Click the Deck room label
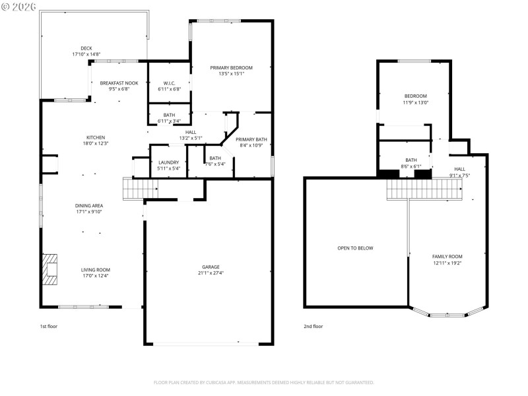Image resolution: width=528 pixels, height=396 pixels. tap(86, 48)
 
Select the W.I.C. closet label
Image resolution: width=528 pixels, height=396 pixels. tap(169, 83)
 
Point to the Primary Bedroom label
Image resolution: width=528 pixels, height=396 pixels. tap(231, 68)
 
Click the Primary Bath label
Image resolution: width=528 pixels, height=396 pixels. tap(251, 139)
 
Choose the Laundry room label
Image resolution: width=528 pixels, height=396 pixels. tap(169, 162)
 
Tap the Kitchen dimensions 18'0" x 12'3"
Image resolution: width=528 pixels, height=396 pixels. tap(95, 143)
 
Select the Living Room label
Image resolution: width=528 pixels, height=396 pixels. tap(96, 269)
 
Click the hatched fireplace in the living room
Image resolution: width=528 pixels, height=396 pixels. tap(50, 269)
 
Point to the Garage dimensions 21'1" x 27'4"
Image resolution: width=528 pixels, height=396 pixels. tap(211, 273)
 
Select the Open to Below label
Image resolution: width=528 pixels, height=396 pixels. tap(355, 248)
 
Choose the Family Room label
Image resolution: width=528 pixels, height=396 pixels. tap(447, 256)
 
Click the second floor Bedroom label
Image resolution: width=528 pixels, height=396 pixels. tap(416, 96)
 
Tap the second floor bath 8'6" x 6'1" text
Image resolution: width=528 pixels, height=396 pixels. tap(411, 166)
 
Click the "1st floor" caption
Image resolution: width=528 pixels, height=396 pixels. tap(48, 326)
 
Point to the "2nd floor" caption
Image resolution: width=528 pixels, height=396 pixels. tap(313, 326)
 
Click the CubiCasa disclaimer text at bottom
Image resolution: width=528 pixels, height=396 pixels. tap(264, 382)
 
